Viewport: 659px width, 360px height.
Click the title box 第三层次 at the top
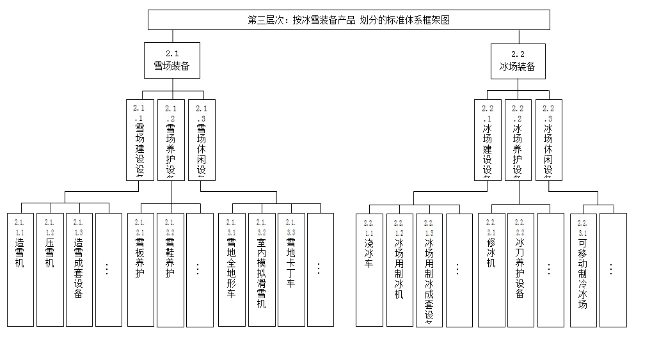point(349,20)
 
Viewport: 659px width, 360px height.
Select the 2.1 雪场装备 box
point(171,61)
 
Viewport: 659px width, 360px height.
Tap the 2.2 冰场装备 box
point(518,61)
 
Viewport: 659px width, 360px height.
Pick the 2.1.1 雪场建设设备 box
point(140,139)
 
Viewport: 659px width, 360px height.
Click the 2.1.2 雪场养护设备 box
point(170,139)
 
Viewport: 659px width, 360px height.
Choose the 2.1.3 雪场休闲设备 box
point(201,139)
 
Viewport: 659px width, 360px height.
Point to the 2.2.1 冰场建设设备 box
point(488,139)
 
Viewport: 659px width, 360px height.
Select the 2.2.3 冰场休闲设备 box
point(548,139)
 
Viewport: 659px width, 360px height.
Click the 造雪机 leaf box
point(20,269)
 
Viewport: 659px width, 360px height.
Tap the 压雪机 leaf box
point(50,269)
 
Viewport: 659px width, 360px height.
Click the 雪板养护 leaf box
point(140,269)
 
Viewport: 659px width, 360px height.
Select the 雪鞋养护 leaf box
point(170,269)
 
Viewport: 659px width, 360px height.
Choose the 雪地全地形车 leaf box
point(232,269)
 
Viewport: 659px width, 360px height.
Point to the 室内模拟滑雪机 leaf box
point(261,269)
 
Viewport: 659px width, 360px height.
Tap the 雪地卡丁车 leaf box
point(290,269)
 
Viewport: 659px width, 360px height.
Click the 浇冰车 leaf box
point(369,269)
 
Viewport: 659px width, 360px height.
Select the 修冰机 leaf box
point(491,269)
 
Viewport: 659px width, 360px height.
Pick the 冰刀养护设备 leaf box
point(521,269)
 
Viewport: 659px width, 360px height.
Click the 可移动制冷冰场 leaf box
point(583,269)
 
